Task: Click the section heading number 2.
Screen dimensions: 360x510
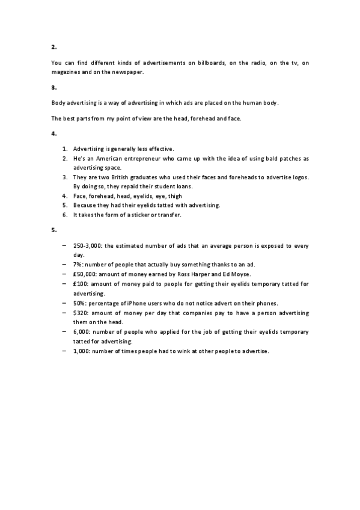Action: [x=53, y=46]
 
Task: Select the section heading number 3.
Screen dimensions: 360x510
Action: [x=53, y=88]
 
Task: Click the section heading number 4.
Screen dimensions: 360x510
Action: [x=53, y=132]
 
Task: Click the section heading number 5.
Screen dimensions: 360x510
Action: [x=53, y=230]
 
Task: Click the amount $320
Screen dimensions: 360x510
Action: [x=81, y=313]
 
